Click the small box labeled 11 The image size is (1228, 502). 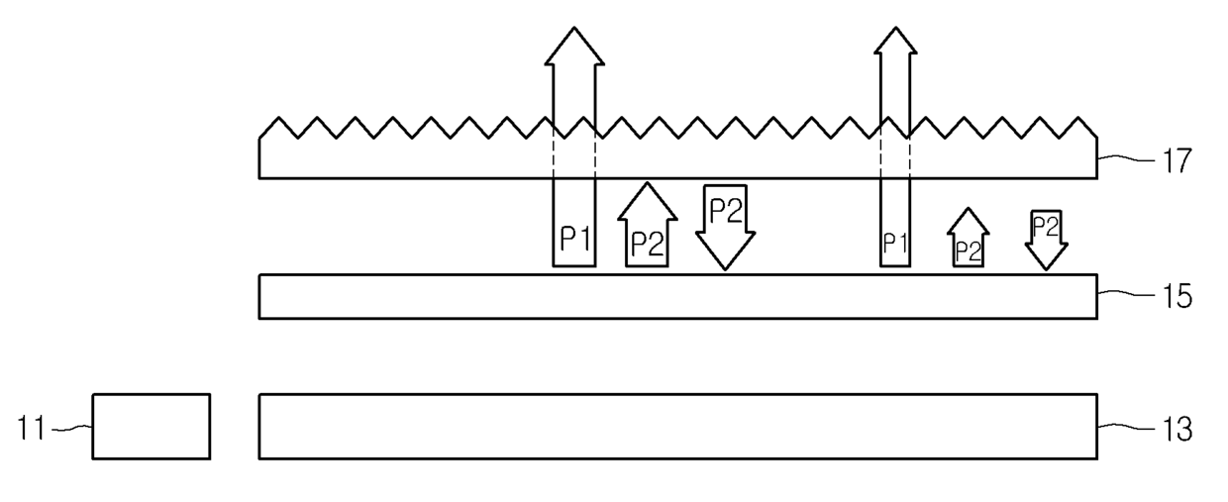(151, 427)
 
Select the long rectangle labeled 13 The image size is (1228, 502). (677, 427)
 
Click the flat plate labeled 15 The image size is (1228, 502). (677, 296)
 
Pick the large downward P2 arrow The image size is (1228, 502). (726, 226)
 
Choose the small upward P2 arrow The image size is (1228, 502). (968, 239)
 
